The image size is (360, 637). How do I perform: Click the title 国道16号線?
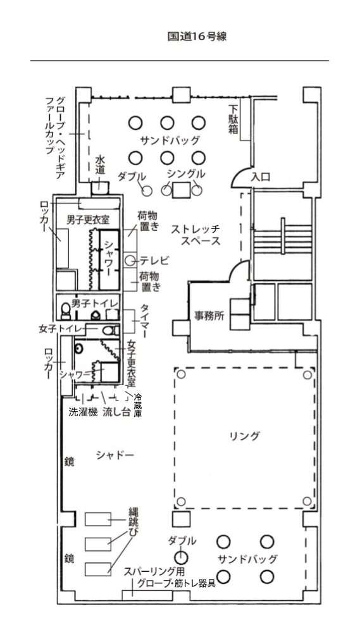click(197, 37)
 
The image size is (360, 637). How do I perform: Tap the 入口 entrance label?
click(261, 176)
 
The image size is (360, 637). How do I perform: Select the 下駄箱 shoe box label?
click(233, 120)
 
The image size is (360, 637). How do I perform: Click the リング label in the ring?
click(244, 436)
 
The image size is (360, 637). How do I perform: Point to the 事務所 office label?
click(209, 316)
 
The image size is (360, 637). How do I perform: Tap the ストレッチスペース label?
click(196, 235)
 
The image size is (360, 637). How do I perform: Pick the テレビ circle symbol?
click(130, 261)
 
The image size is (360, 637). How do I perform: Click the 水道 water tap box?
click(100, 188)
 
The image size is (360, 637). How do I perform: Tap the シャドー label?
click(115, 455)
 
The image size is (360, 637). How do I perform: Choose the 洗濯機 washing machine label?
click(84, 412)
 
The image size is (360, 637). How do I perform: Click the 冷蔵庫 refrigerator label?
click(138, 405)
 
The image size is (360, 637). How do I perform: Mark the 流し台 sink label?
click(116, 412)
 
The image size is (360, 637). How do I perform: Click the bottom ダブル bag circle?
click(182, 557)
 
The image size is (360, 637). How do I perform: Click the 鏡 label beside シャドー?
click(70, 462)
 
